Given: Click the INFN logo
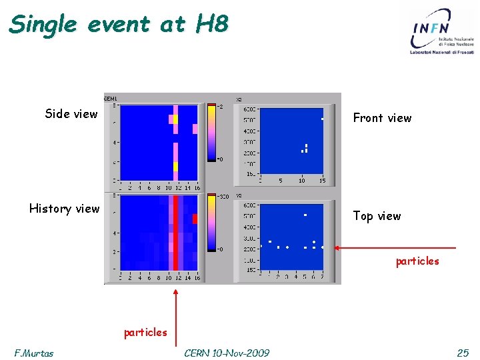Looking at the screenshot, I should [443, 31].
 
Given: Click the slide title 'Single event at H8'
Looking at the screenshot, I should [119, 24].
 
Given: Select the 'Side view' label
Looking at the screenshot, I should [71, 114].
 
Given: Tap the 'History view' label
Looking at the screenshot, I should [64, 209].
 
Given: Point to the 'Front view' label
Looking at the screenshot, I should [382, 118].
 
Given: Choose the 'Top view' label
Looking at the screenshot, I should [377, 216].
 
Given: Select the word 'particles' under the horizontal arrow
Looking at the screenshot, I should [417, 261].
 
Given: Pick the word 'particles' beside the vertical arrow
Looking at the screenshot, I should [145, 332].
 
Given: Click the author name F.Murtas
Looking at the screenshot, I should [34, 353].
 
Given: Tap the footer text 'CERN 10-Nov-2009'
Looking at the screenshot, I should [227, 353].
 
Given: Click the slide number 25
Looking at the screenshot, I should [463, 353].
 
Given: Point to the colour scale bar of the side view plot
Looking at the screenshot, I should [212, 133].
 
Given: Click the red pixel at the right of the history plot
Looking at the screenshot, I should [195, 218].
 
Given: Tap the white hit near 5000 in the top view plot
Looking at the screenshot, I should [305, 215].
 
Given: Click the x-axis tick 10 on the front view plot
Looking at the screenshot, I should [301, 181].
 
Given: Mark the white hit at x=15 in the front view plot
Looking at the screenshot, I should [322, 119].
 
